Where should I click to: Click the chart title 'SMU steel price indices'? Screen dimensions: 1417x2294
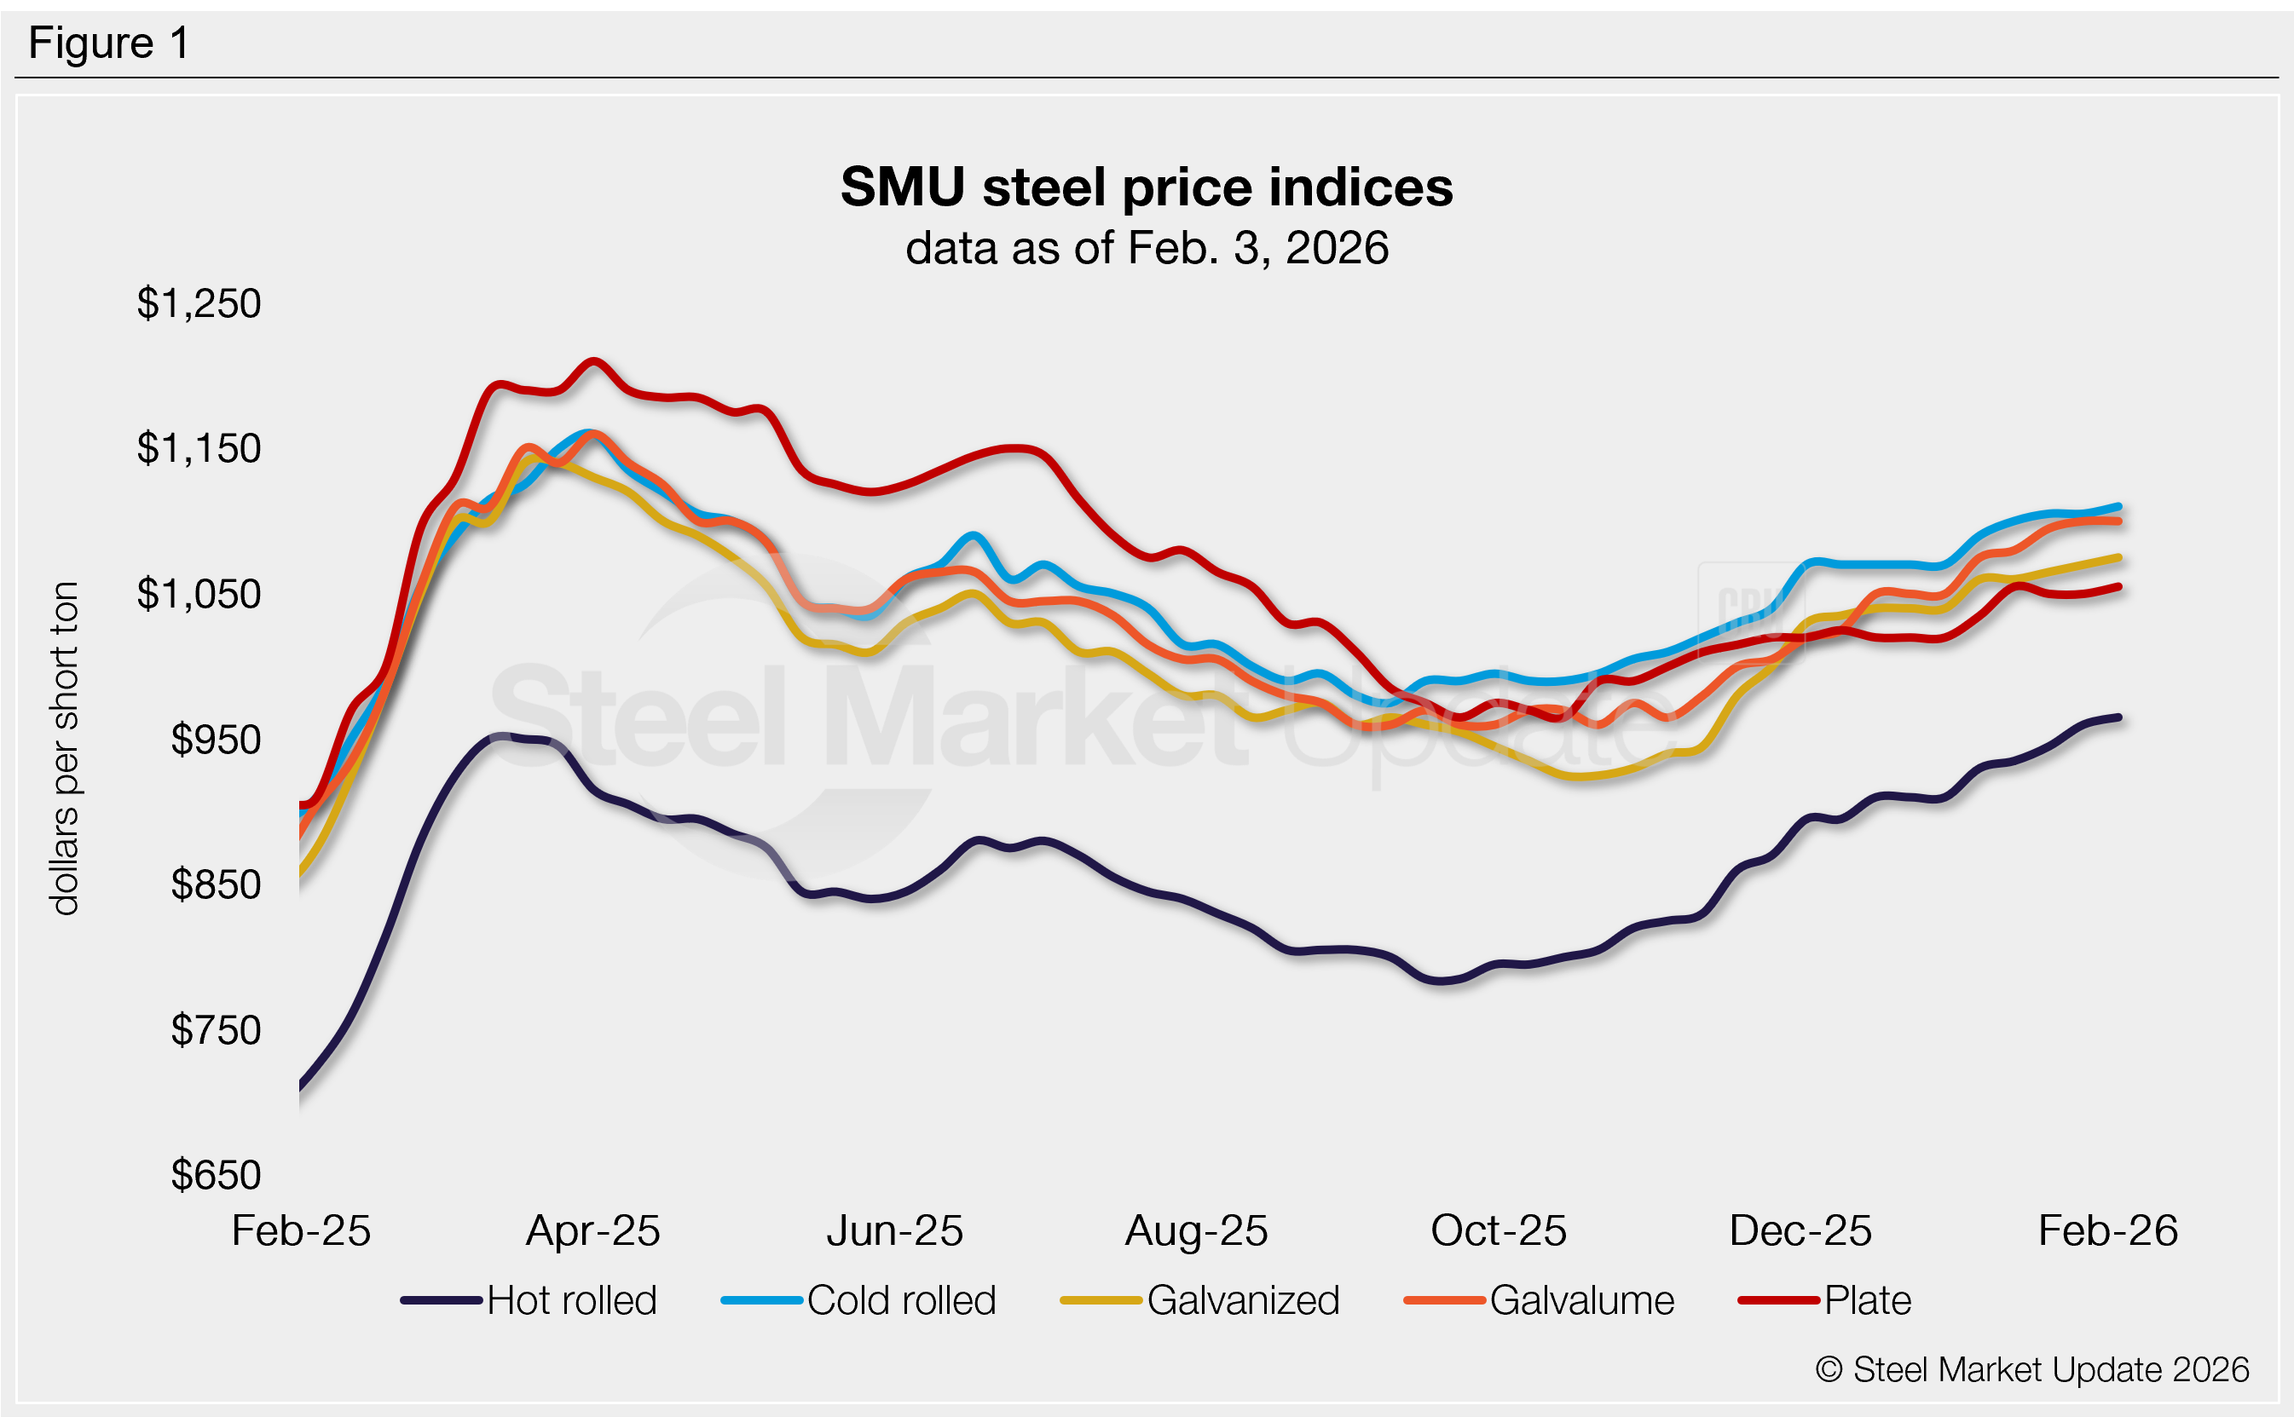(x=1146, y=187)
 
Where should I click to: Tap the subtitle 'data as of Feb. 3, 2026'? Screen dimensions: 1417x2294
(x=1146, y=248)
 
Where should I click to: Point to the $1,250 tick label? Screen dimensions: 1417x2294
(x=199, y=303)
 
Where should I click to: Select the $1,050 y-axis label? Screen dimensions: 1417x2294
(x=199, y=594)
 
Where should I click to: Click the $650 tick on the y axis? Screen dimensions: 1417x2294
(x=216, y=1175)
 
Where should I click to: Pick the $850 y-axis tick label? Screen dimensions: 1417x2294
(x=216, y=884)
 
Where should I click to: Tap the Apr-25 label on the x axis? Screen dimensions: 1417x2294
(x=592, y=1230)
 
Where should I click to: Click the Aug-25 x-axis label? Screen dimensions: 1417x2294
(x=1196, y=1230)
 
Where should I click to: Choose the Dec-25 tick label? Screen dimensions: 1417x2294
(x=1800, y=1230)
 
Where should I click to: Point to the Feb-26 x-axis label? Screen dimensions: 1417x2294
(x=2107, y=1230)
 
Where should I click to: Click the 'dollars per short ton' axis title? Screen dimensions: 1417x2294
(x=64, y=748)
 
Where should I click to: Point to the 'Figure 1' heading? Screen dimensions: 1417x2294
(x=109, y=43)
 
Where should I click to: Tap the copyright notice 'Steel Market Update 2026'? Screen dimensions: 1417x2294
(x=2031, y=1369)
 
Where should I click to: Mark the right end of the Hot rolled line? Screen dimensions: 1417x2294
(x=2118, y=717)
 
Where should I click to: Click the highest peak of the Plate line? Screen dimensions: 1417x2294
(x=593, y=360)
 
